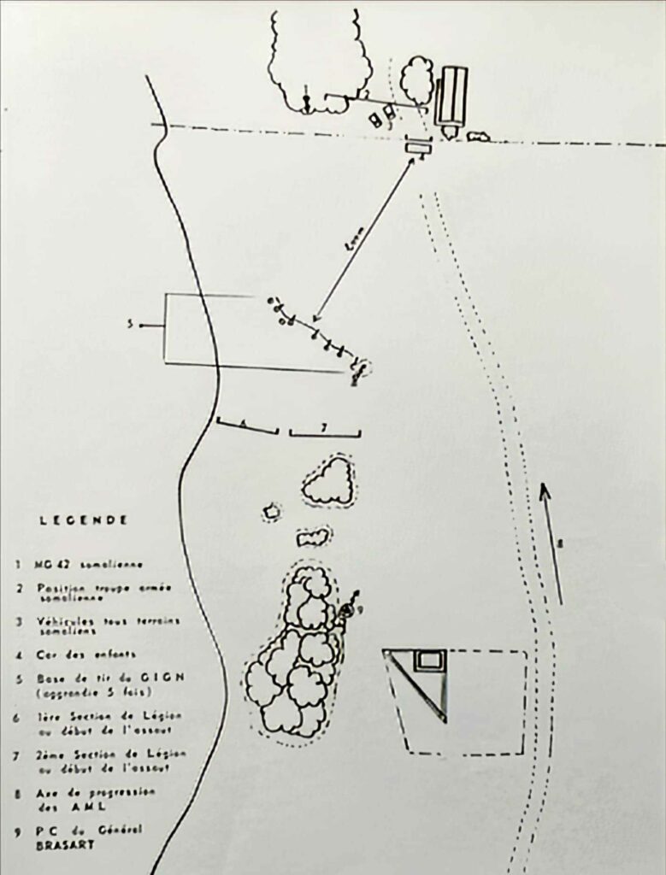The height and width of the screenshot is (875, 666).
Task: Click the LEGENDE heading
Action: pyautogui.click(x=84, y=520)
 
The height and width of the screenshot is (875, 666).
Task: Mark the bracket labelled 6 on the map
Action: pyautogui.click(x=247, y=426)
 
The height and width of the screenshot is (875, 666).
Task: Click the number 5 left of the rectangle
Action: pyautogui.click(x=131, y=325)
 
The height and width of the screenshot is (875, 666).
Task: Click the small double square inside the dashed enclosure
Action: pyautogui.click(x=429, y=660)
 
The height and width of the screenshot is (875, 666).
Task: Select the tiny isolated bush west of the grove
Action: pyautogui.click(x=272, y=512)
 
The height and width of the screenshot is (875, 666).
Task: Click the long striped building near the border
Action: pyautogui.click(x=451, y=97)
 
